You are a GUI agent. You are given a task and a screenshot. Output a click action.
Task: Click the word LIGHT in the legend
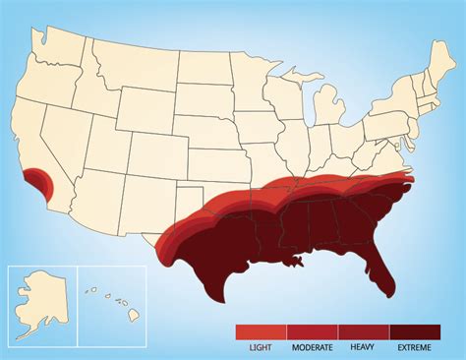(261, 347)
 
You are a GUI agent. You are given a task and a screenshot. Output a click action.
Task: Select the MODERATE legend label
(312, 347)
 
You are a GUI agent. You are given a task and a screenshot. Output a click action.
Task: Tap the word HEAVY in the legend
(363, 347)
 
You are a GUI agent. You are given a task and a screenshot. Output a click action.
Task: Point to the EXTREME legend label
(415, 347)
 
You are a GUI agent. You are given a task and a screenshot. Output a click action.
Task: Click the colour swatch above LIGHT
(261, 331)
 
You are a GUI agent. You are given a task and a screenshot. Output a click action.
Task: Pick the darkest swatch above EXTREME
(416, 331)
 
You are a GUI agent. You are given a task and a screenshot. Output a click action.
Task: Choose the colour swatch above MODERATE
(312, 331)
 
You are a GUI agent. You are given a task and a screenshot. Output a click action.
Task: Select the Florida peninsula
(384, 266)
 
